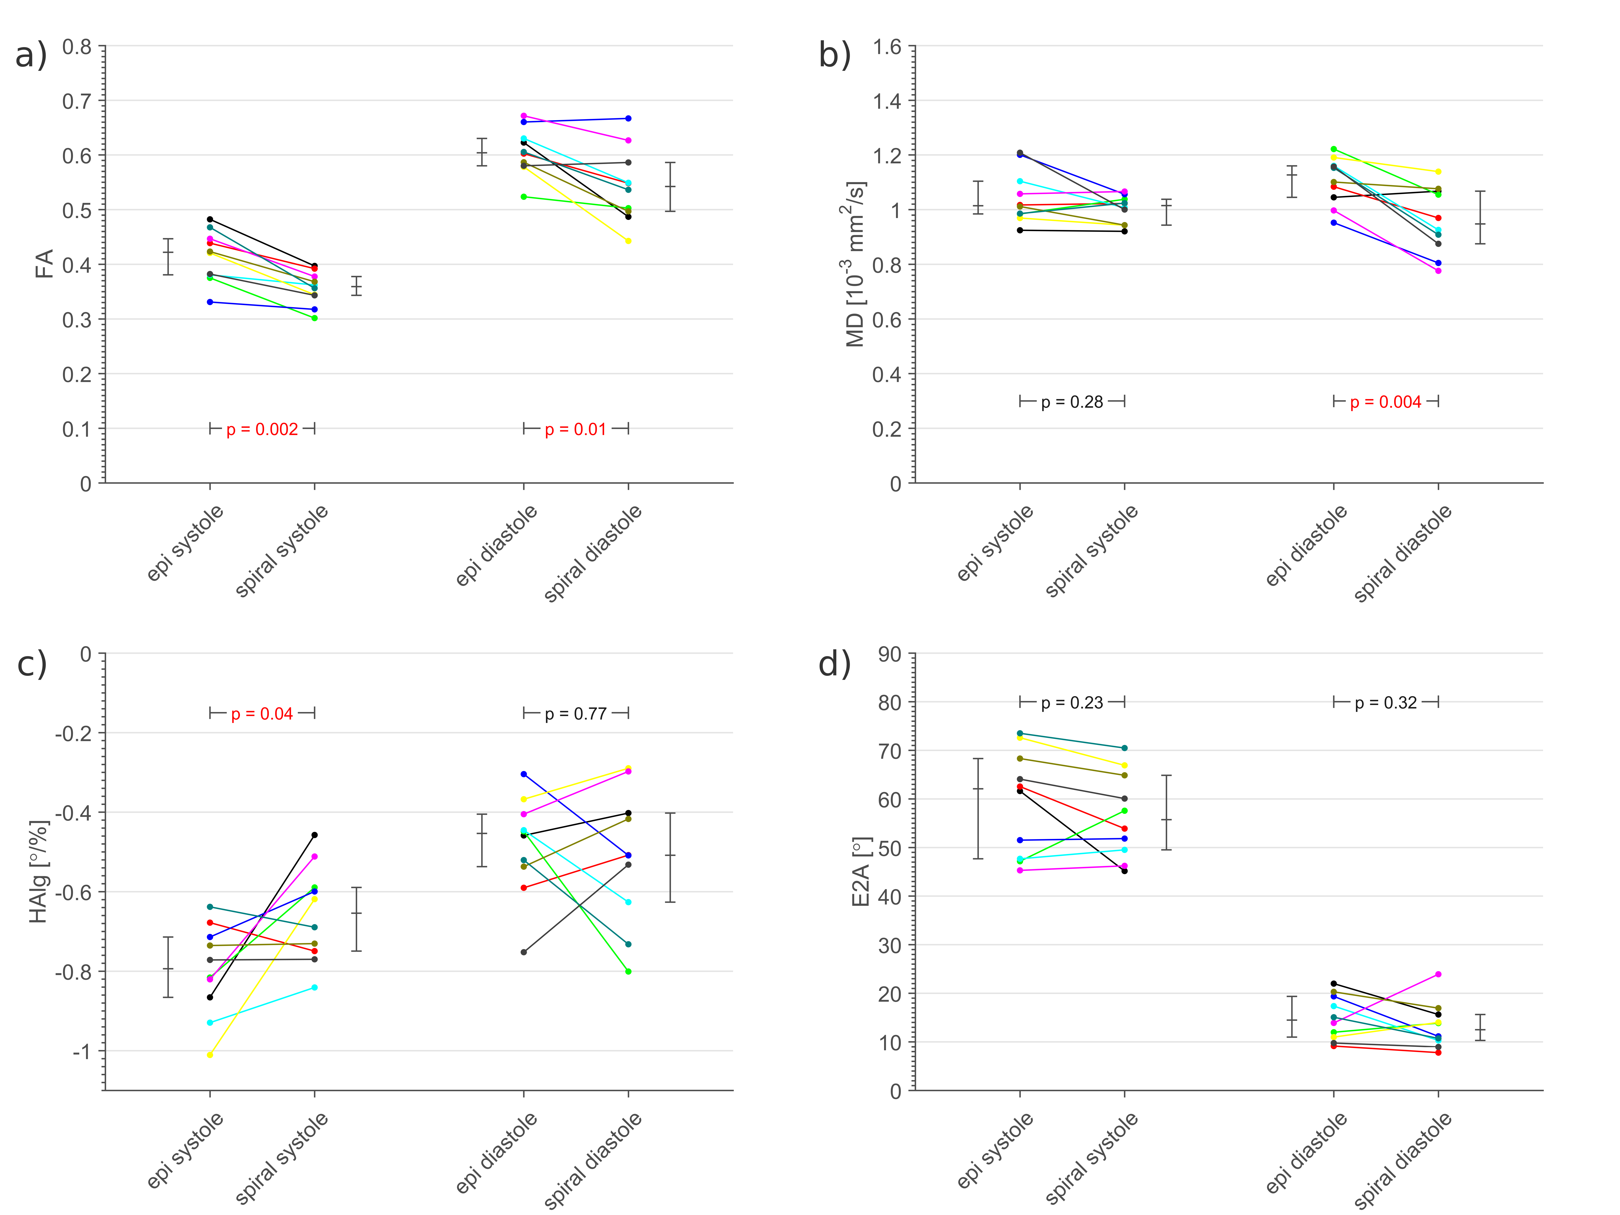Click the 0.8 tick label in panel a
coord(77,47)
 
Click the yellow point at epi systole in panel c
coord(210,1055)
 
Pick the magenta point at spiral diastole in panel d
coord(1438,974)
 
